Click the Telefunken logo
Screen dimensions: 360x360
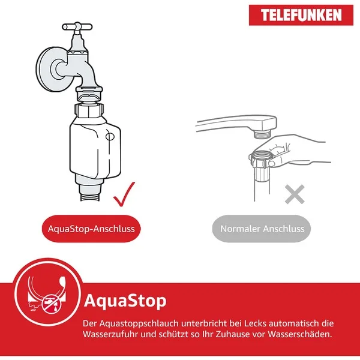pos(301,15)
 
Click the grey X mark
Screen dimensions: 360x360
pos(295,194)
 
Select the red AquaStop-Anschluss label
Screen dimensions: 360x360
pos(91,229)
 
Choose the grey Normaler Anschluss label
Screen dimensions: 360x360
pos(262,229)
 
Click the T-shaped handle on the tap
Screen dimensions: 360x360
pos(77,26)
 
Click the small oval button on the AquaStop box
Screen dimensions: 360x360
pos(110,137)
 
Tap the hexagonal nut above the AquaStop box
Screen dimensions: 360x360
pos(89,110)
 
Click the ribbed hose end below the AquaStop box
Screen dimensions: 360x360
pos(90,197)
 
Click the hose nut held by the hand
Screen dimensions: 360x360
pos(259,159)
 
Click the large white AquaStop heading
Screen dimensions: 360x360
pos(125,301)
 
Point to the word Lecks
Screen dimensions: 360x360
pos(255,323)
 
